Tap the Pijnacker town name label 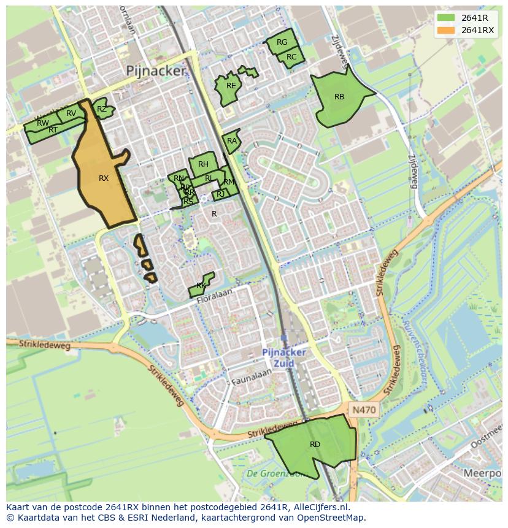point(155,71)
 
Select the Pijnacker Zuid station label point(284,358)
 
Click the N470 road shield point(363,409)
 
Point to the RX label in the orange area point(104,178)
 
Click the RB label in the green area point(339,97)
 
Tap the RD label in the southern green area point(315,445)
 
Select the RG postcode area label point(282,42)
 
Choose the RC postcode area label point(291,57)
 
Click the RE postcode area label point(231,86)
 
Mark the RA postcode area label point(231,141)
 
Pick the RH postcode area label point(203,164)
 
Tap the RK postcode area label point(201,286)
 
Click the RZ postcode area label point(102,109)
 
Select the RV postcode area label point(71,113)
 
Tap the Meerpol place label point(482,473)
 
